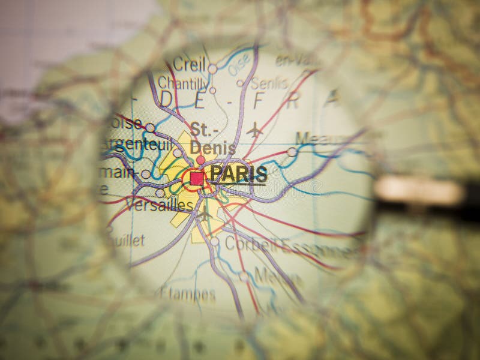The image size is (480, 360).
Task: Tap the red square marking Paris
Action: coord(197,178)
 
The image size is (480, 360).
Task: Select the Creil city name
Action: coord(189,63)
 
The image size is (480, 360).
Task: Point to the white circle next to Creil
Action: coord(212,69)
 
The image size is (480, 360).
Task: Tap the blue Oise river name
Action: coord(239,64)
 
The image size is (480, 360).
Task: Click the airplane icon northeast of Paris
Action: coord(255,130)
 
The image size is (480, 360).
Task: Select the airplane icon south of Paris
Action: coord(203,214)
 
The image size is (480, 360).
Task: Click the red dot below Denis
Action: coord(200,160)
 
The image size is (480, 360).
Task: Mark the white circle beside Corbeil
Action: coord(214,241)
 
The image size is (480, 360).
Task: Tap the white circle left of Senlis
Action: coord(240,83)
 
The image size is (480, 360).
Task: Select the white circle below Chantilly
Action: coord(212,91)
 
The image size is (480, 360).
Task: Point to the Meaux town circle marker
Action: coord(292,152)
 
